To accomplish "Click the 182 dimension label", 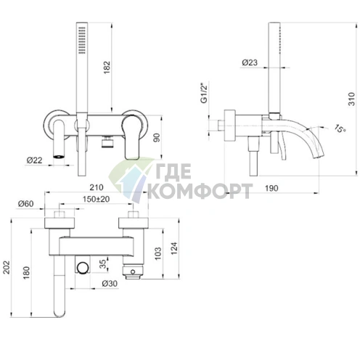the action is click(x=107, y=67).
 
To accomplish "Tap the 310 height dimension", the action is click(x=351, y=99).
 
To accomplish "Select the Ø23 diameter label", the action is click(x=250, y=62).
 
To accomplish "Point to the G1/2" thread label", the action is click(x=204, y=94).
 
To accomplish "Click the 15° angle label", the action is click(x=340, y=128).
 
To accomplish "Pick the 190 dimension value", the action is click(x=271, y=188).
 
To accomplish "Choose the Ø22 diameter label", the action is click(x=35, y=160).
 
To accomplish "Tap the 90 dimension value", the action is click(x=157, y=138).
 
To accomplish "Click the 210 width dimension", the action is click(x=97, y=187).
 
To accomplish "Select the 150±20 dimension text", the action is click(x=96, y=199).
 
